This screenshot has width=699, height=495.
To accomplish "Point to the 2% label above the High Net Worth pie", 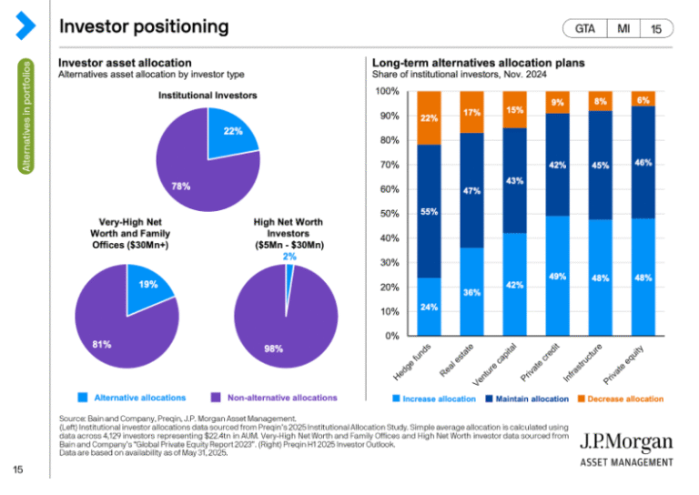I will (x=289, y=257).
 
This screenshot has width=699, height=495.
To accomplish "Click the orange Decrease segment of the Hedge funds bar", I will (x=429, y=117).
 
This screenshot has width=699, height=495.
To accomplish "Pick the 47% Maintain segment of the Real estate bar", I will (x=471, y=190).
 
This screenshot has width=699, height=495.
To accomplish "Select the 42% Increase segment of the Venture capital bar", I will (x=514, y=284).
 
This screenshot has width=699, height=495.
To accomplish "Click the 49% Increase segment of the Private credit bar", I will (x=557, y=276).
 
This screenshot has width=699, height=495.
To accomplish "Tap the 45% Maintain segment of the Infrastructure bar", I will (x=600, y=165).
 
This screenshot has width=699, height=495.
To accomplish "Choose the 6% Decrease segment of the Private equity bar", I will (x=643, y=98).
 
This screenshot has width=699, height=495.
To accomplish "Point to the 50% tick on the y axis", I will (x=387, y=214).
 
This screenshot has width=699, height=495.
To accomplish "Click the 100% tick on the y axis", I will (x=387, y=92).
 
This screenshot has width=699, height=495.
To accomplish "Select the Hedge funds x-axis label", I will (x=413, y=361).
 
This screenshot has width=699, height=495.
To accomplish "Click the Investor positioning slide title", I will (x=144, y=26).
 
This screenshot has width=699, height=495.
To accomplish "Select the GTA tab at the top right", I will (x=585, y=29).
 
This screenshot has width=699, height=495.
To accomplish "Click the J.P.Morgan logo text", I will (x=627, y=443).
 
